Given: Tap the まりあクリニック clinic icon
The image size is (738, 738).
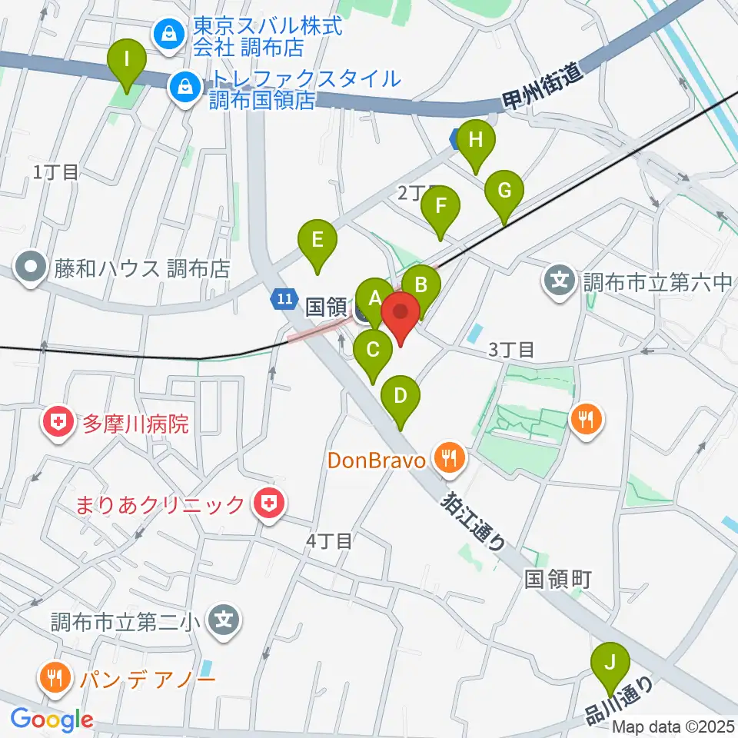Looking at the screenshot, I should click(x=270, y=504).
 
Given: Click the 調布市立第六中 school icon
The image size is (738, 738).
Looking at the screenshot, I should click(x=562, y=278).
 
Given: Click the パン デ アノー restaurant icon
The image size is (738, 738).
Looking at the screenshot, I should click(x=53, y=677).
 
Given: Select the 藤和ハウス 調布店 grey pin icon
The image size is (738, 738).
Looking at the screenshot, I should click(x=32, y=268).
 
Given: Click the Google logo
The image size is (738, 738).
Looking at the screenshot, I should click(x=52, y=720).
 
